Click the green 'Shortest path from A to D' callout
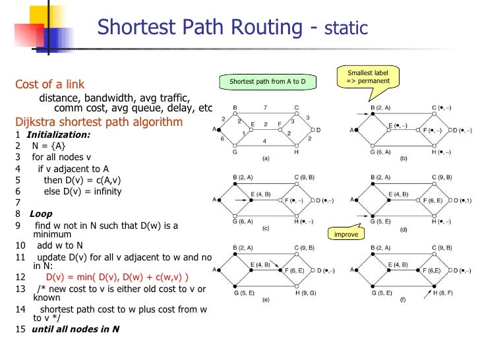268,82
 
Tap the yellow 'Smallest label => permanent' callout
368,76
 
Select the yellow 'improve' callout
346,234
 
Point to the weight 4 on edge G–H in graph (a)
264,141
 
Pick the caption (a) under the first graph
266,159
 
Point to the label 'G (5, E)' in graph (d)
382,222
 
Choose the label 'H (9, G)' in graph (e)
307,291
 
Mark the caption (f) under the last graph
405,299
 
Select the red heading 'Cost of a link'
49,84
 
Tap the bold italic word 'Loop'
40,214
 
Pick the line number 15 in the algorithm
19,328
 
